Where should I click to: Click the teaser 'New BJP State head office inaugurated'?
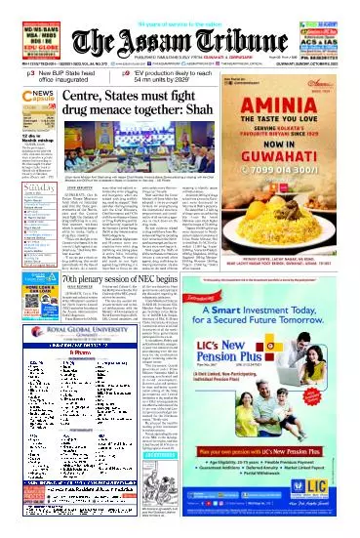pyautogui.click(x=73, y=75)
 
